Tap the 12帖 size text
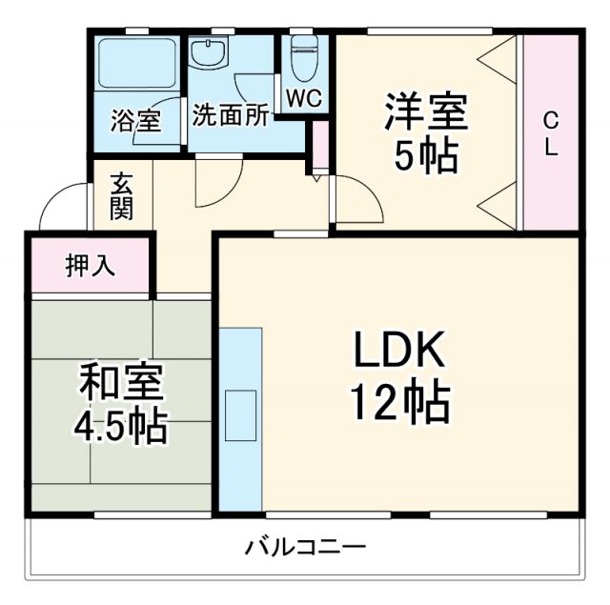[x=399, y=405]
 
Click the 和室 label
[x=120, y=382]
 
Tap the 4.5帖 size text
[x=120, y=426]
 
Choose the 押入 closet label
[x=90, y=266]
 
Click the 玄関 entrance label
[x=121, y=196]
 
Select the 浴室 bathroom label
[x=134, y=121]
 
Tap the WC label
[x=304, y=97]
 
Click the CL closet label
[x=550, y=132]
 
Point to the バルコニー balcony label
[x=305, y=547]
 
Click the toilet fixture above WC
[x=304, y=59]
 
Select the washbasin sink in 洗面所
[x=207, y=53]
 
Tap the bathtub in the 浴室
[x=137, y=65]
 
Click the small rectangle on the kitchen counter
[x=240, y=414]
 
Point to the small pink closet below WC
[x=321, y=145]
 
